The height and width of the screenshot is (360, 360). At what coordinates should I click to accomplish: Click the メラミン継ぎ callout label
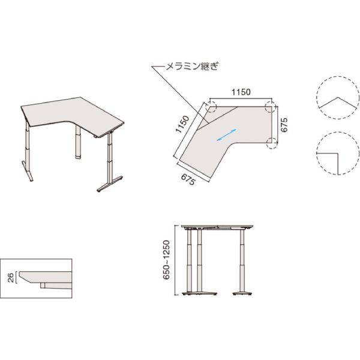(192, 66)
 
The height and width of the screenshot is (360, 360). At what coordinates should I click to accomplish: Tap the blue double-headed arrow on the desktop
(227, 135)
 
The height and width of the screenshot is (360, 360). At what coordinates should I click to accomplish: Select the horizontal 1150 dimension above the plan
(241, 92)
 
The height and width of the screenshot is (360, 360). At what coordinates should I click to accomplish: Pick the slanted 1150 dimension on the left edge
(182, 124)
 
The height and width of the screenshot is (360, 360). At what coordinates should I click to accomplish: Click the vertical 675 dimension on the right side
(284, 125)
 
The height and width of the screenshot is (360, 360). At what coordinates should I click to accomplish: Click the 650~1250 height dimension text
(166, 260)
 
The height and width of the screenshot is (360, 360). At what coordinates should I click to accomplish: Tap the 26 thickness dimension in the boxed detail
(11, 278)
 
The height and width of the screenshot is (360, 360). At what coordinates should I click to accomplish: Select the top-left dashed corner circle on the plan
(211, 107)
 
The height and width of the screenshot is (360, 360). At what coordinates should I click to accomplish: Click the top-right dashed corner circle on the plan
(270, 107)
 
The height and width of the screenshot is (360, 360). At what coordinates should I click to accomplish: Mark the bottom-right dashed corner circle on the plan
(272, 143)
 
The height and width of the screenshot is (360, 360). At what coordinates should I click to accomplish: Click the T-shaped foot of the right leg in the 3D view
(110, 184)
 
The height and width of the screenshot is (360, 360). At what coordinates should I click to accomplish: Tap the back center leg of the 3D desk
(78, 142)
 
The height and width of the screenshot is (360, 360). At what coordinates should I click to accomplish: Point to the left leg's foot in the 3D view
(28, 172)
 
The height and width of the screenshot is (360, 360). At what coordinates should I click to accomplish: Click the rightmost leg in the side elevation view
(242, 260)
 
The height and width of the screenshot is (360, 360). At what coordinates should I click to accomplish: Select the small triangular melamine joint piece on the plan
(203, 124)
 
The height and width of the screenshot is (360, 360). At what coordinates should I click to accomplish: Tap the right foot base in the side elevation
(242, 293)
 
